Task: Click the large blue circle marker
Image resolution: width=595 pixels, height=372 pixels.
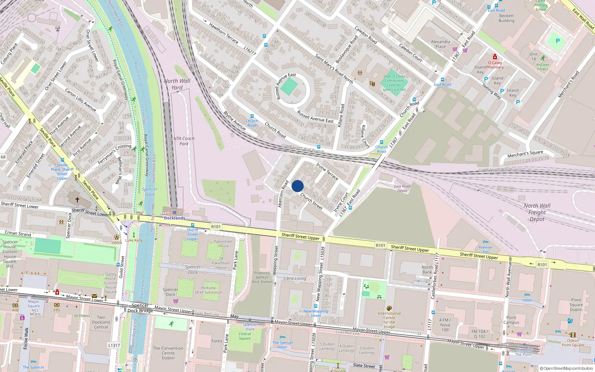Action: tap(297, 186)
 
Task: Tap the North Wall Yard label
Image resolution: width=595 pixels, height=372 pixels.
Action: tap(177, 84)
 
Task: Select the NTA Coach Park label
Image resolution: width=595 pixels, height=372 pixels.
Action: tap(184, 141)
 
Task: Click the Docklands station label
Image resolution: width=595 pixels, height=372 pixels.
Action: tap(174, 218)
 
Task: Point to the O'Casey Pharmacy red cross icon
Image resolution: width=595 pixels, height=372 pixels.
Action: tap(495, 57)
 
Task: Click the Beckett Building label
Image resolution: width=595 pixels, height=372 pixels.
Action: tap(506, 18)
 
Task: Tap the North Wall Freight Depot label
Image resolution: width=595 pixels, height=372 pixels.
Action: tap(537, 212)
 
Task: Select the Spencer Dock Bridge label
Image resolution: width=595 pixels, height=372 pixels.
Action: tap(140, 308)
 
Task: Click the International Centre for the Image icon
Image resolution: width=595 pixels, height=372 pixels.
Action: tap(389, 308)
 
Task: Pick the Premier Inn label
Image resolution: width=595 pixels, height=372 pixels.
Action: tap(485, 249)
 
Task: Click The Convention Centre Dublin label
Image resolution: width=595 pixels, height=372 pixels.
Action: tap(168, 353)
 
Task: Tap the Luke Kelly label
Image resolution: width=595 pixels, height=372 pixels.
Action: tap(134, 240)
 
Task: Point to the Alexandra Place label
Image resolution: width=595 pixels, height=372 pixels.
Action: tap(441, 44)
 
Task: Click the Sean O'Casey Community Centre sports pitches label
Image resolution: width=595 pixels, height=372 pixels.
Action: tap(394, 83)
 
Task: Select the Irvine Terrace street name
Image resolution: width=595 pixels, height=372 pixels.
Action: tap(327, 171)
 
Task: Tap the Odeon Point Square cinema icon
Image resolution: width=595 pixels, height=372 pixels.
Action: tap(573, 335)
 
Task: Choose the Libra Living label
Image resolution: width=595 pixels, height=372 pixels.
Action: tap(295, 278)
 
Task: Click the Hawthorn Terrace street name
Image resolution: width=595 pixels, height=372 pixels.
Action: tap(223, 33)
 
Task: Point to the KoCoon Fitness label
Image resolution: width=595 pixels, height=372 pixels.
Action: tap(543, 67)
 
